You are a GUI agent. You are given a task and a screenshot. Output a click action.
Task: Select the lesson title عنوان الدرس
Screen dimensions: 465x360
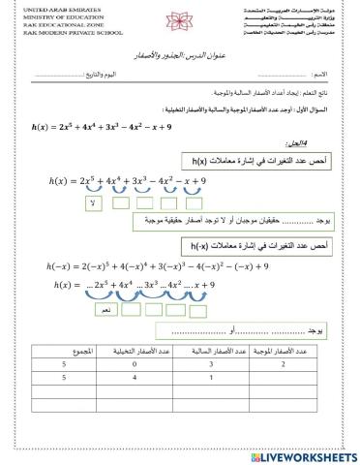181,57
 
